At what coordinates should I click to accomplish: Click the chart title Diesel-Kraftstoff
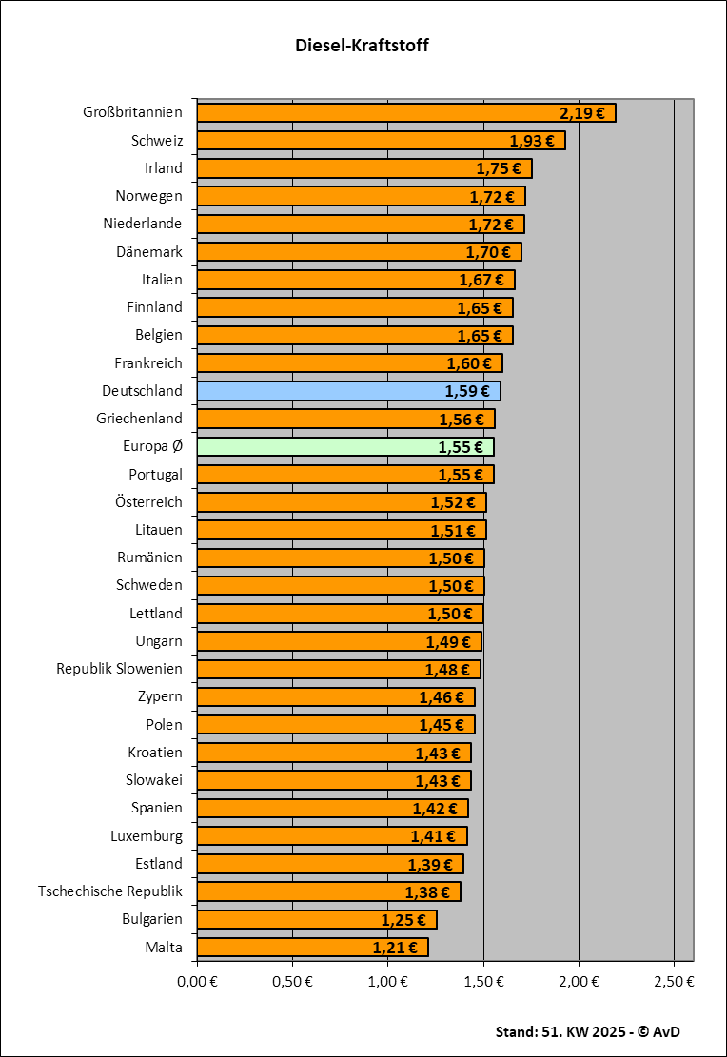(363, 46)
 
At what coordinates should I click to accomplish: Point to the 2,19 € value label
(582, 113)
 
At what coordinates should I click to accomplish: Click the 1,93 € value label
(532, 141)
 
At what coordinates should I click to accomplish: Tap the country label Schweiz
(157, 141)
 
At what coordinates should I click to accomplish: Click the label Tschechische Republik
(110, 891)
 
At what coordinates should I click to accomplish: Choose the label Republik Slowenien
(119, 669)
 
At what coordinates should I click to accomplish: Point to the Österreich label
(148, 502)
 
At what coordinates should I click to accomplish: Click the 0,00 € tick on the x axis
(197, 981)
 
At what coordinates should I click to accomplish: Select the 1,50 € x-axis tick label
(483, 981)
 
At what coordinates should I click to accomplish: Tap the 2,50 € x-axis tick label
(675, 981)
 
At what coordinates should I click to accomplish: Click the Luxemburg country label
(147, 836)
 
